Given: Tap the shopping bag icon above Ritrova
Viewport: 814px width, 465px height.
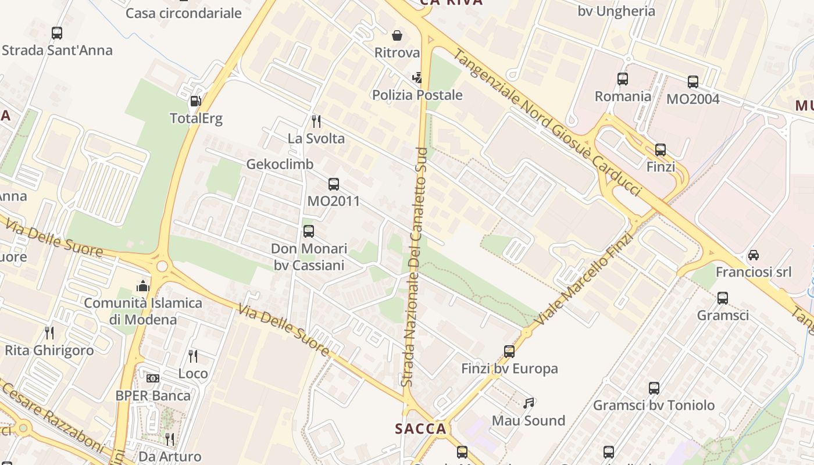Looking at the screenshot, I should point(397,36).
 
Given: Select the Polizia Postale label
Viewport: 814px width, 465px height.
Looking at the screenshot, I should point(417,95).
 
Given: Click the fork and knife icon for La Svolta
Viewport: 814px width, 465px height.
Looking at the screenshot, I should point(316,121).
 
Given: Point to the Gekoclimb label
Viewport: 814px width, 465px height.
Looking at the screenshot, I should point(280,164).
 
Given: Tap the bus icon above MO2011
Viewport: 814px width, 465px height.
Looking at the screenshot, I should point(334,184).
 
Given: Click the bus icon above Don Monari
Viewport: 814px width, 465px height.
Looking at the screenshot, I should point(309,231).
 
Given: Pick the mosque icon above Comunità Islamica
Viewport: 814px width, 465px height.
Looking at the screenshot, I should point(142,286).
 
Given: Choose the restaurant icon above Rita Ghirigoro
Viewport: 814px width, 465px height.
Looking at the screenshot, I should point(49,333).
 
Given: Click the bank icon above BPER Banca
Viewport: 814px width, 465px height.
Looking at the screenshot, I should point(153,378).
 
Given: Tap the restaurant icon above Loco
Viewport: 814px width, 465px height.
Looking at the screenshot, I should point(193,356).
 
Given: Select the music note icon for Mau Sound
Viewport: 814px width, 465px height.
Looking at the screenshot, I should point(529,403).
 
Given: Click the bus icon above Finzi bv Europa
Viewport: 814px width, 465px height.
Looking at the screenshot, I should point(509,351).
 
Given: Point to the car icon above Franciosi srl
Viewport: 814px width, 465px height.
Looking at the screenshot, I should point(754,255).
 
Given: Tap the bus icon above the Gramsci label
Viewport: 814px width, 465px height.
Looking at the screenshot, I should point(723,298).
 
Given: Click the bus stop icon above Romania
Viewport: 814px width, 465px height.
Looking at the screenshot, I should point(623,79).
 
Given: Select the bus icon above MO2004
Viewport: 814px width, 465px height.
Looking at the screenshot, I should point(693,82).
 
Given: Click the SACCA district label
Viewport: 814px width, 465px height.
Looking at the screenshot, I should point(420,429).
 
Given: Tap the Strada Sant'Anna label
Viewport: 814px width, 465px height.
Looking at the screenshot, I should point(57,50).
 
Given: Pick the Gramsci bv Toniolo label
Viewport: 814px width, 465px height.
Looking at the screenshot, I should point(654,405).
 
